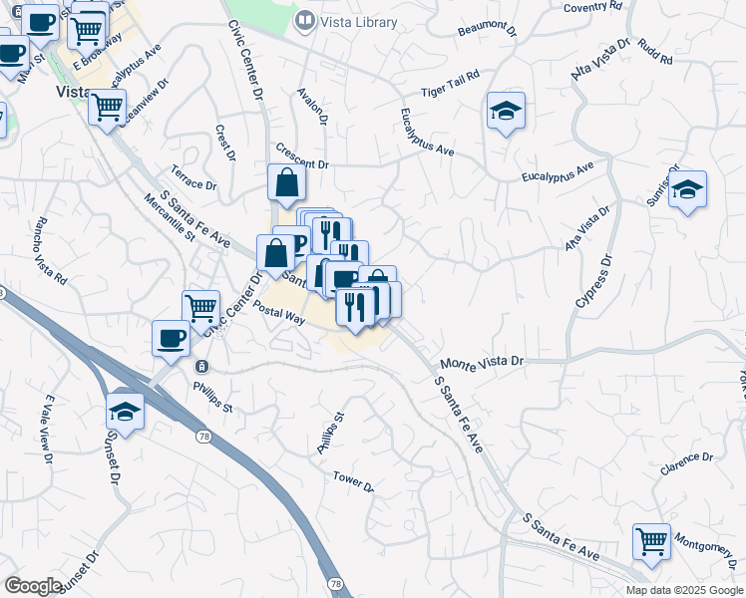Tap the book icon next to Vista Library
pyautogui.click(x=306, y=20)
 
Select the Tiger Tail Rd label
pyautogui.click(x=451, y=83)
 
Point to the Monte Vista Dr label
pyautogui.click(x=482, y=363)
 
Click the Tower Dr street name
pyautogui.click(x=352, y=482)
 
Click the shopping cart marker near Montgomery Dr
pyautogui.click(x=651, y=543)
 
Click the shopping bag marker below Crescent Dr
pyautogui.click(x=286, y=183)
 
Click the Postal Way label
pyautogui.click(x=278, y=311)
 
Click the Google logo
pyautogui.click(x=33, y=586)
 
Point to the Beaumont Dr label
pyautogui.click(x=488, y=31)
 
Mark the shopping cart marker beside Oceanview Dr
pyautogui.click(x=108, y=107)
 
